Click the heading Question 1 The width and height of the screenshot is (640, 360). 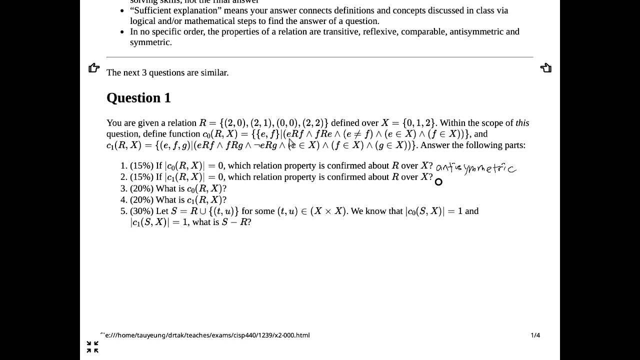[x=138, y=98]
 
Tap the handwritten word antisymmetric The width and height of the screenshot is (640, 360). [x=475, y=168]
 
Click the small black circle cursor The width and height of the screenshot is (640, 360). [x=438, y=182]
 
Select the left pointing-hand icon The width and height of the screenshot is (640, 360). [x=94, y=68]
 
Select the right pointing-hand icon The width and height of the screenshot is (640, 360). [x=545, y=68]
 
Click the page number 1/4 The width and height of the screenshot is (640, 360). [x=535, y=335]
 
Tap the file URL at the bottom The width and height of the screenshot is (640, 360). [x=205, y=335]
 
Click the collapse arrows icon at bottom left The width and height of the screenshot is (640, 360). [x=92, y=347]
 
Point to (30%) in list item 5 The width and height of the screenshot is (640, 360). [x=141, y=211]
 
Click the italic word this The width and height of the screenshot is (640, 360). [x=522, y=123]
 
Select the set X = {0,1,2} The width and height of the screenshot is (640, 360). [x=409, y=123]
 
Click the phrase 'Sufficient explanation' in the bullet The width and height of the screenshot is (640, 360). [x=176, y=10]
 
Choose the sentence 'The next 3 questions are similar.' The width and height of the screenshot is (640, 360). [x=167, y=72]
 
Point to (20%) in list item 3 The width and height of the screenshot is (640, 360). [x=141, y=188]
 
